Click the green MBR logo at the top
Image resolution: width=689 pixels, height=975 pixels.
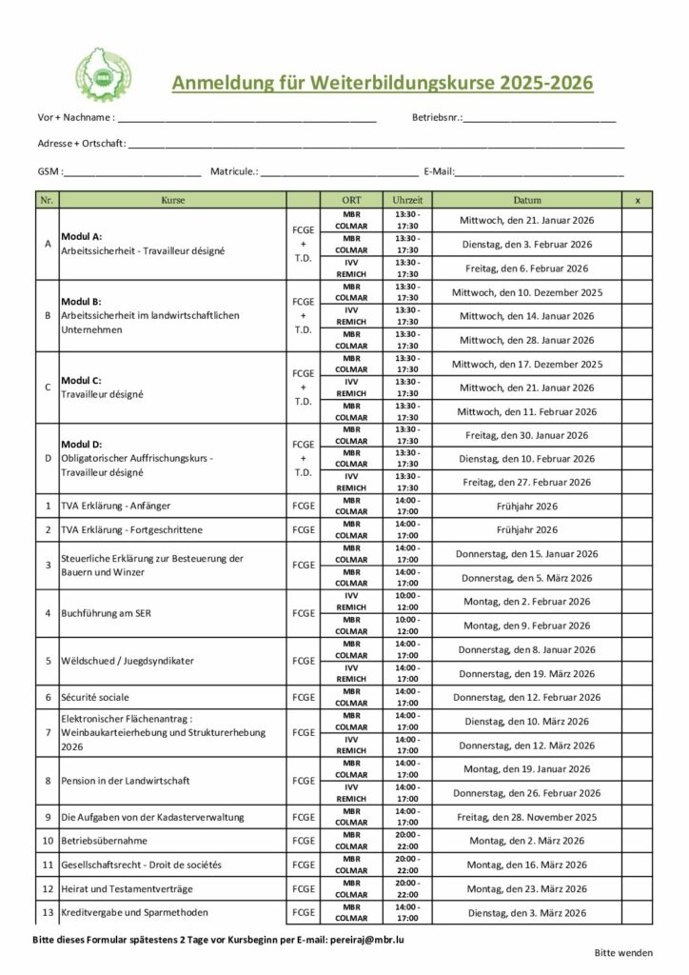pyautogui.click(x=104, y=74)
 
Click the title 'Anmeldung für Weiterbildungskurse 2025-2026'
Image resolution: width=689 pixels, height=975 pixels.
pyautogui.click(x=382, y=83)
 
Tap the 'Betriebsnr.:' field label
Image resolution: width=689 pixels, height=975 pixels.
pyautogui.click(x=437, y=118)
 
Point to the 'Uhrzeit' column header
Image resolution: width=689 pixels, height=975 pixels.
pyautogui.click(x=407, y=200)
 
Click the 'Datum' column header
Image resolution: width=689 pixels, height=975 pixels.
pyautogui.click(x=526, y=200)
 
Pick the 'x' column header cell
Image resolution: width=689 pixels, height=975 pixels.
pyautogui.click(x=637, y=200)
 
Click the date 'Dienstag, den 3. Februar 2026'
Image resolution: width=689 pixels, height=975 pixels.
pyautogui.click(x=526, y=245)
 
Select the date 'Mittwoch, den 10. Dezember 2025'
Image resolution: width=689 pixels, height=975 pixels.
pyautogui.click(x=526, y=292)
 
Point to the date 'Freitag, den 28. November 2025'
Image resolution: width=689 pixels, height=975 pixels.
pyautogui.click(x=526, y=817)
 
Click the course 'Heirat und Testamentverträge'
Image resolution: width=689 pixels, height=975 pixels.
pyautogui.click(x=126, y=888)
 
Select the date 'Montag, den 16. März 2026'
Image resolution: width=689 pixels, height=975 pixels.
pyautogui.click(x=526, y=865)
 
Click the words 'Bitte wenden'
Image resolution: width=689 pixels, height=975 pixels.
pyautogui.click(x=623, y=952)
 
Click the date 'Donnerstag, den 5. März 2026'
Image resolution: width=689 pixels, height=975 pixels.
pyautogui.click(x=526, y=578)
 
